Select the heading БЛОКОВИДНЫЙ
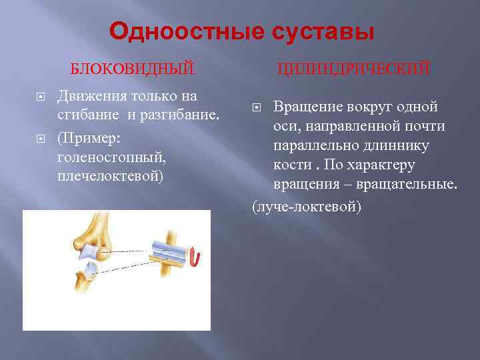pyautogui.click(x=133, y=68)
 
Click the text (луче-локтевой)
pyautogui.click(x=306, y=207)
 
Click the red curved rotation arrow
pyautogui.click(x=195, y=256)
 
